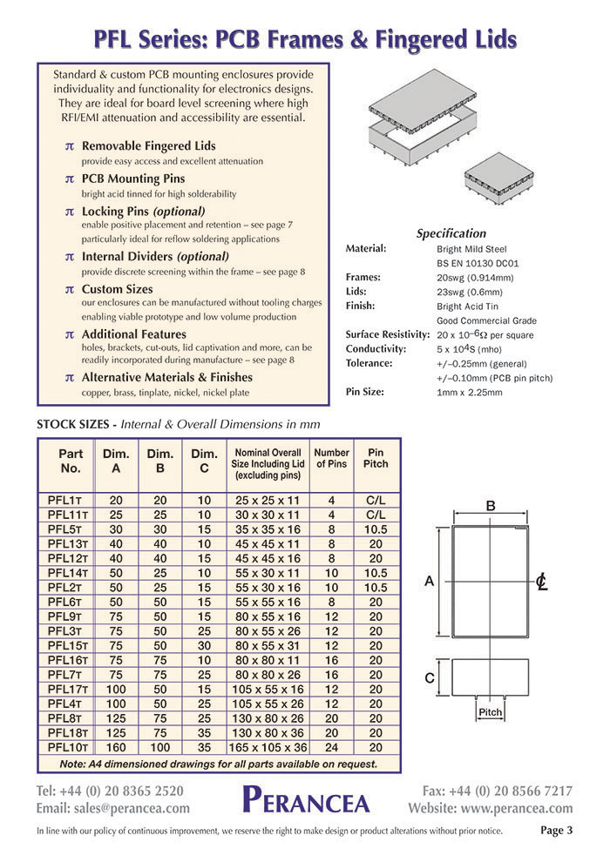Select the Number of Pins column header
click(331, 458)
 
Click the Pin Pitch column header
click(376, 458)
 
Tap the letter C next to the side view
click(430, 678)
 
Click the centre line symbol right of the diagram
click(541, 582)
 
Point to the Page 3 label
click(556, 831)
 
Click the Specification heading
click(451, 233)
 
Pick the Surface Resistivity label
click(388, 334)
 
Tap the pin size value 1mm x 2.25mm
click(469, 393)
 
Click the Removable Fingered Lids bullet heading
click(148, 146)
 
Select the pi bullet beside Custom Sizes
click(70, 290)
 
